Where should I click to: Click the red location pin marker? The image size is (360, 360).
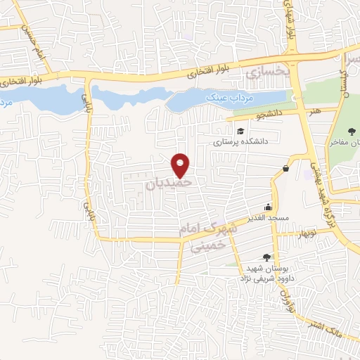pos(181,165)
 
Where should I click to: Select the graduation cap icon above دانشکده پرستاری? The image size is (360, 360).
pos(240,131)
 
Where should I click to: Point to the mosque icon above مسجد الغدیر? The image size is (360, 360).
pos(268,207)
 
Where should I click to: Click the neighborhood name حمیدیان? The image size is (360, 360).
pos(169,184)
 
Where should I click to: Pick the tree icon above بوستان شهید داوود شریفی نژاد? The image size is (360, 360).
pos(266,257)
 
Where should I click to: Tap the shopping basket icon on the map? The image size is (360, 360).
pos(285,168)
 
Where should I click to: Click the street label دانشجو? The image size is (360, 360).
pos(267,112)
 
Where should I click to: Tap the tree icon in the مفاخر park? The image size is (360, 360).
pos(352,131)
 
